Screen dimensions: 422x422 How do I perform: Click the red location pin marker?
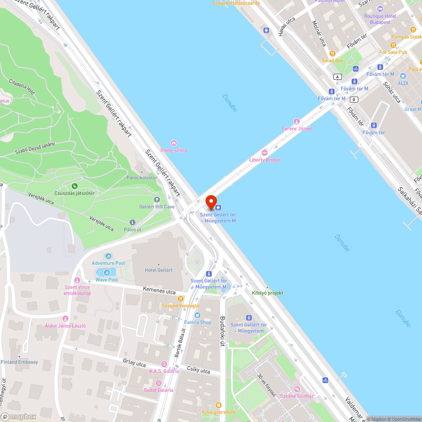[x=211, y=202]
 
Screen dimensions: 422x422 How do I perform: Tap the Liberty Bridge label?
[x=265, y=160]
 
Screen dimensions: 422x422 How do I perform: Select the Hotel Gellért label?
[x=158, y=270]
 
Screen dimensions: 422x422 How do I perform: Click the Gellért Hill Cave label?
[x=157, y=207]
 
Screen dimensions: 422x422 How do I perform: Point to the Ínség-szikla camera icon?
[x=173, y=143]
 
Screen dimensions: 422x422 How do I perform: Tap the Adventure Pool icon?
[x=108, y=256]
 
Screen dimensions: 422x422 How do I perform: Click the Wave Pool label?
[x=106, y=280]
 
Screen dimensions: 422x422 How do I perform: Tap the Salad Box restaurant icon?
[x=333, y=54]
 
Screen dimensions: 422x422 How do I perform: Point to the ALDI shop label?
[x=403, y=83]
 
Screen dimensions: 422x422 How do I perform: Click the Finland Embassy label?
[x=19, y=362]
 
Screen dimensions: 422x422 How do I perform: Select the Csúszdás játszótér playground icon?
[x=74, y=186]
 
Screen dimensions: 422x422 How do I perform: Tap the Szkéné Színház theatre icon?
[x=297, y=389]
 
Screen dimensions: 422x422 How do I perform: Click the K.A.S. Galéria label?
[x=164, y=371]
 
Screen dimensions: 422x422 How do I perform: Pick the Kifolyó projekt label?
[x=267, y=293]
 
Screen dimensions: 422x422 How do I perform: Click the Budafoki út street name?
[x=223, y=331]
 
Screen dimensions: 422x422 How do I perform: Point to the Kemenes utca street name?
[x=159, y=290]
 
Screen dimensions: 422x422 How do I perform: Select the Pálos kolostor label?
[x=142, y=178]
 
